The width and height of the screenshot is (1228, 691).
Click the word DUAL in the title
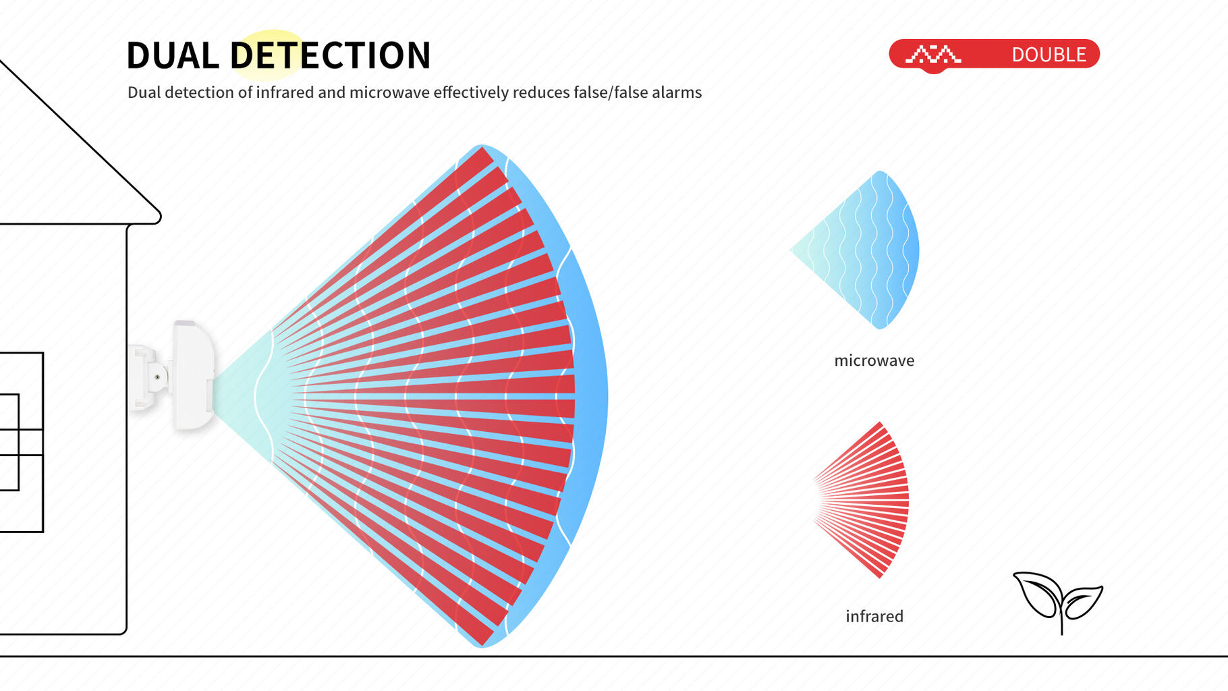coord(173,55)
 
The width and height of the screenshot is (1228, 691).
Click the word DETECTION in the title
coord(331,55)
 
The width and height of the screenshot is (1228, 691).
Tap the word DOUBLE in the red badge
coord(1049,55)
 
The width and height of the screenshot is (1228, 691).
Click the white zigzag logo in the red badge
coord(933,54)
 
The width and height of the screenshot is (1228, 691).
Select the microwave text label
coord(874,360)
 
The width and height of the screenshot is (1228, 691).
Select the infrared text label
coord(874,616)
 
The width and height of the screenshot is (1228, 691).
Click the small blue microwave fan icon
coord(855,250)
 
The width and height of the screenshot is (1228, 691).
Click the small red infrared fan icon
coord(862,500)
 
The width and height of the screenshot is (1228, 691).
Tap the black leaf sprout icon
coord(1057,601)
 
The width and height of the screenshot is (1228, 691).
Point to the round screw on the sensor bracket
coord(157,377)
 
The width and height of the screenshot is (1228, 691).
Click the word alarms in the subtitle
coord(677,92)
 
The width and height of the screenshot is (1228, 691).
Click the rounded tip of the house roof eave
coord(159,217)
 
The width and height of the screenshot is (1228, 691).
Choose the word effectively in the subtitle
coord(470,92)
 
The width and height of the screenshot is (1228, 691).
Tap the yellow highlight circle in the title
coord(271,55)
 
